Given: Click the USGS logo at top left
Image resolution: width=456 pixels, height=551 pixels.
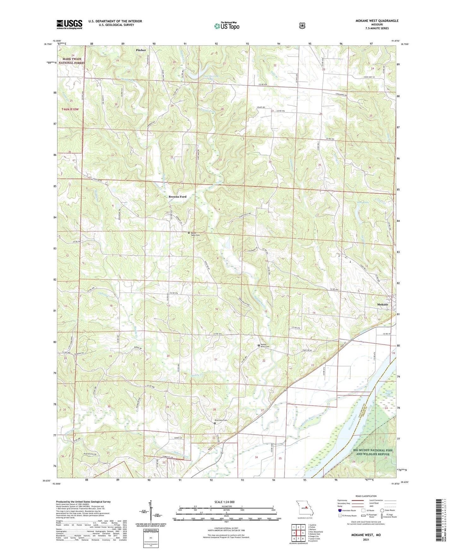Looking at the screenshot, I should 69,24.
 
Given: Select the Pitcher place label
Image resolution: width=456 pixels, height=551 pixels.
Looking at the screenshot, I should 141,50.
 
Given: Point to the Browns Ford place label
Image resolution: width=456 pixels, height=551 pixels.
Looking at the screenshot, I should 177,197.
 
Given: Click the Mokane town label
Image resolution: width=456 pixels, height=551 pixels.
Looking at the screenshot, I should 382,305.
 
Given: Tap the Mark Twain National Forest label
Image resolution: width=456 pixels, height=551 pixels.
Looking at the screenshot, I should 72,61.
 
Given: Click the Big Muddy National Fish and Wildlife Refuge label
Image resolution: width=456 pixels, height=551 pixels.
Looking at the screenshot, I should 370,452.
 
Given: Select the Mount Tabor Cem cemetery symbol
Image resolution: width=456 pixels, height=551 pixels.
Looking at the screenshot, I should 189,233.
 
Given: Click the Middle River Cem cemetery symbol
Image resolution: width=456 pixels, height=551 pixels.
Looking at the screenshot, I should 259,346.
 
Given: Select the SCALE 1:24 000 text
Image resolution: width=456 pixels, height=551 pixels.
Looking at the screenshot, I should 224,502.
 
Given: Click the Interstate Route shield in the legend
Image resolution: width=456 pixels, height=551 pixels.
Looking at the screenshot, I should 340,510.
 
